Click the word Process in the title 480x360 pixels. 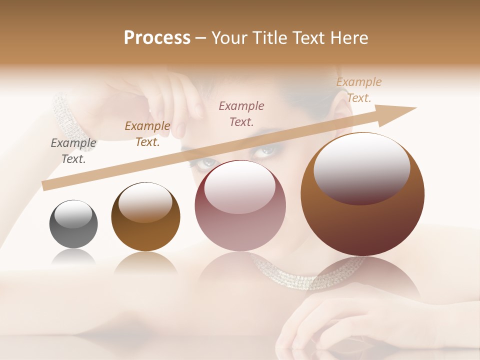click(x=157, y=38)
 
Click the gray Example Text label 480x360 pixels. click(x=73, y=151)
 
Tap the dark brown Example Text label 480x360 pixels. click(x=147, y=134)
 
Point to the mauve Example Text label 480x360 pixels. click(x=241, y=113)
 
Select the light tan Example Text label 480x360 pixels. click(x=358, y=90)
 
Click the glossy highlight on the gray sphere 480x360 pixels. click(x=73, y=214)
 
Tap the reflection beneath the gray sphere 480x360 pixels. click(x=73, y=257)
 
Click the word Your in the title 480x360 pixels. click(x=230, y=38)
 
